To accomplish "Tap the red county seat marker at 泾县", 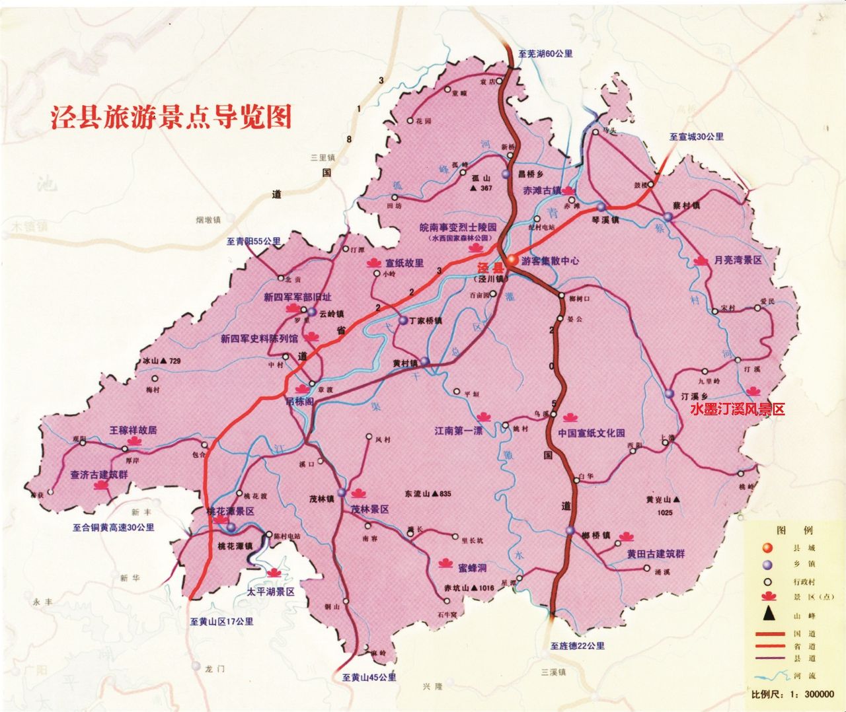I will [x=512, y=260].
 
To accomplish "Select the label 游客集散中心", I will [x=550, y=261].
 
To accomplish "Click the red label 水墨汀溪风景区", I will [x=737, y=409].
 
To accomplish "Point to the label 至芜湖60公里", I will [x=545, y=53].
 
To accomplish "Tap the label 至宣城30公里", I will [x=696, y=137].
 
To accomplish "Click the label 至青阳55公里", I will [x=253, y=241].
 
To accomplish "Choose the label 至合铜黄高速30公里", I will [x=114, y=528].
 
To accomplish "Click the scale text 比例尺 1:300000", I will [x=792, y=694].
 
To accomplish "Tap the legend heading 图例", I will [x=794, y=531].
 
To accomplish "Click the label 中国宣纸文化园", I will [x=591, y=433].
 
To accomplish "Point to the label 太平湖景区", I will [x=271, y=592].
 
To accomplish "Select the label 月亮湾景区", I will [x=738, y=261].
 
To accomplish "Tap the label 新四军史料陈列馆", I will [x=259, y=338].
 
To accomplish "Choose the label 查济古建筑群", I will [x=99, y=474].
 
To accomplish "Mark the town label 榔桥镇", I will [x=596, y=535].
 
